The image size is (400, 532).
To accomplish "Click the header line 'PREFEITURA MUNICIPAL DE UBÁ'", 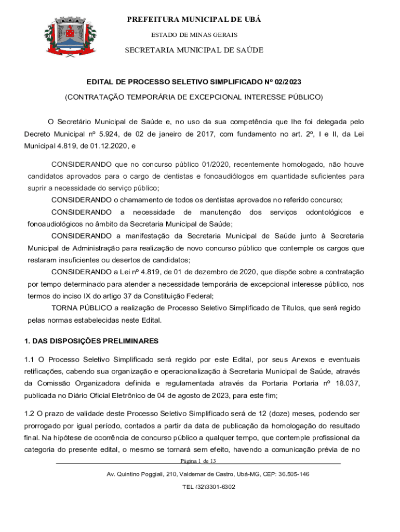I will click(x=194, y=20).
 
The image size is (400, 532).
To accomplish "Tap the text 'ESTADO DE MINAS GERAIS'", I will click(x=194, y=35).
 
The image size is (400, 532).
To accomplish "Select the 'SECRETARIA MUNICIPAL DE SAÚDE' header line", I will click(x=194, y=50).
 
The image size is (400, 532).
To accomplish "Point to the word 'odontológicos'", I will click(x=329, y=212).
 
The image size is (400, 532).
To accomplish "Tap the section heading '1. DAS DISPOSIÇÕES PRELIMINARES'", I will click(x=91, y=341).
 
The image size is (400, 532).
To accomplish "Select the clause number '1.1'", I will click(x=30, y=360).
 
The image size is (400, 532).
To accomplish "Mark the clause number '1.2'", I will click(x=30, y=414).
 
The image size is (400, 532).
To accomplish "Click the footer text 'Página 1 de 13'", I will click(x=198, y=461).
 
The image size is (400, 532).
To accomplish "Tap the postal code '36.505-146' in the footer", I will click(x=291, y=474).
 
